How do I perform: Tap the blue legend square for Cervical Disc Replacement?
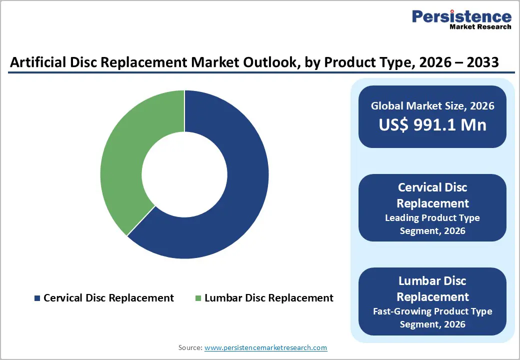[x=37, y=298]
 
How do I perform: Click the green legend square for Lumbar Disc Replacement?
[x=198, y=298]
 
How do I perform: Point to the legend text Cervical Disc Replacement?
[x=108, y=298]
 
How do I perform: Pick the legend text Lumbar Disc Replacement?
[x=269, y=298]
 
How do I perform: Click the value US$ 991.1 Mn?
[x=432, y=124]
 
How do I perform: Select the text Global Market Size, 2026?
[x=432, y=105]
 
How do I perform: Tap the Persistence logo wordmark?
[x=461, y=16]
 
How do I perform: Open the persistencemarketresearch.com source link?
[x=266, y=347]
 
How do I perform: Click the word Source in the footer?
[x=189, y=347]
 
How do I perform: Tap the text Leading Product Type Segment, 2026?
[x=432, y=224]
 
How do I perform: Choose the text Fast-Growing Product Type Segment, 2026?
[x=432, y=317]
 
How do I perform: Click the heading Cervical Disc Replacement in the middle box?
[x=432, y=195]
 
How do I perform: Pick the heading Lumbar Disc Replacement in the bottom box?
[x=432, y=288]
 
